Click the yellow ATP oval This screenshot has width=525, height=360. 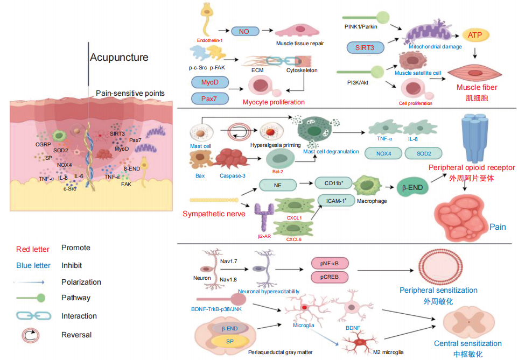pos(475,36)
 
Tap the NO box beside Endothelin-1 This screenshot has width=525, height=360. pos(244,32)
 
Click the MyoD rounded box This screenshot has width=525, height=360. pos(210,83)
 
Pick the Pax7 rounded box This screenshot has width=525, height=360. pos(210,98)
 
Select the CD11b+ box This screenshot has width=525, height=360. pos(332,183)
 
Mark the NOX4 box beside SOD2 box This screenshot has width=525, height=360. pos(383,153)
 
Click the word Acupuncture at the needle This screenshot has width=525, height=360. pos(119,58)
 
